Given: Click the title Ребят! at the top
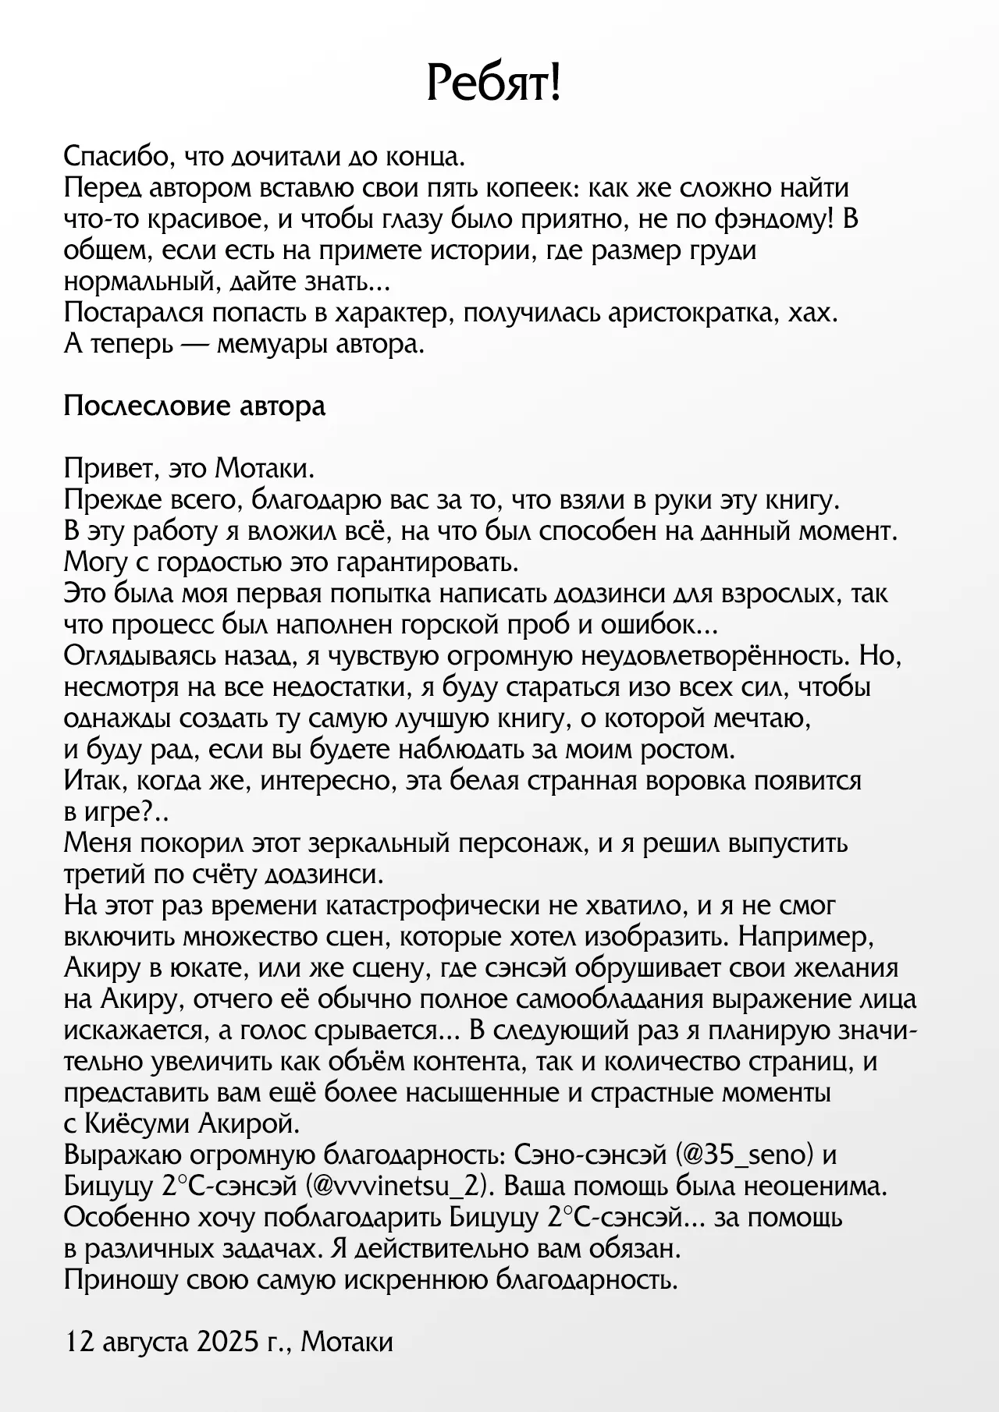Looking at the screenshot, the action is pos(493,83).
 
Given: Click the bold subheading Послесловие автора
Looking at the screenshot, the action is pos(194,406).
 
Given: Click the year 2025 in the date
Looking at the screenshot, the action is pos(228,1343).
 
